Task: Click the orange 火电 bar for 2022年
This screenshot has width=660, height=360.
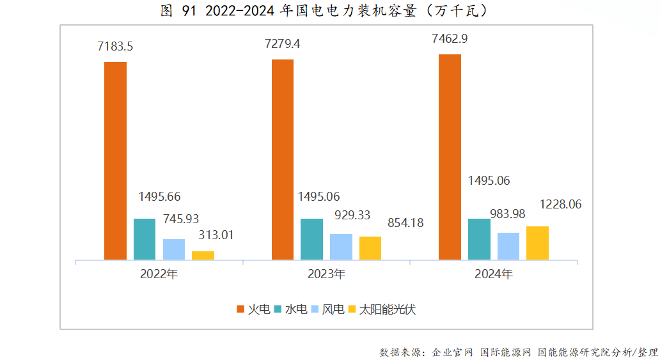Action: tap(115, 160)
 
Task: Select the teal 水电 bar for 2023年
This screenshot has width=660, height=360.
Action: tap(311, 239)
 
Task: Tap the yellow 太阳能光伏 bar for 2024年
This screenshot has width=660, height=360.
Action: tap(537, 243)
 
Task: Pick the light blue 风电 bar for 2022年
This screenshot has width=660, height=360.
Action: tap(174, 249)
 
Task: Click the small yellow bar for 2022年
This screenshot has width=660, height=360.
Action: tap(203, 255)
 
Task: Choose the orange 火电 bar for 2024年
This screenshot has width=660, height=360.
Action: tap(450, 157)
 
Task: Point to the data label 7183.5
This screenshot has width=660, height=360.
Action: tap(115, 46)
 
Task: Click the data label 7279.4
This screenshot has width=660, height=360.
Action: tap(283, 43)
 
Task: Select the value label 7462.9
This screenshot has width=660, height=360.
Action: tap(450, 39)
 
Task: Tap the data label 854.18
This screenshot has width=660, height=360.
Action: tap(405, 223)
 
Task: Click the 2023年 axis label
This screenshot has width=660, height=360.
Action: tap(327, 274)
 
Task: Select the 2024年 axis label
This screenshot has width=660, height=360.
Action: tap(494, 274)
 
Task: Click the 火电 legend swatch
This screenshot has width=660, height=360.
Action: tap(241, 309)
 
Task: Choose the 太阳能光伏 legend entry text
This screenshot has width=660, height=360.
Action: tap(387, 309)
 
